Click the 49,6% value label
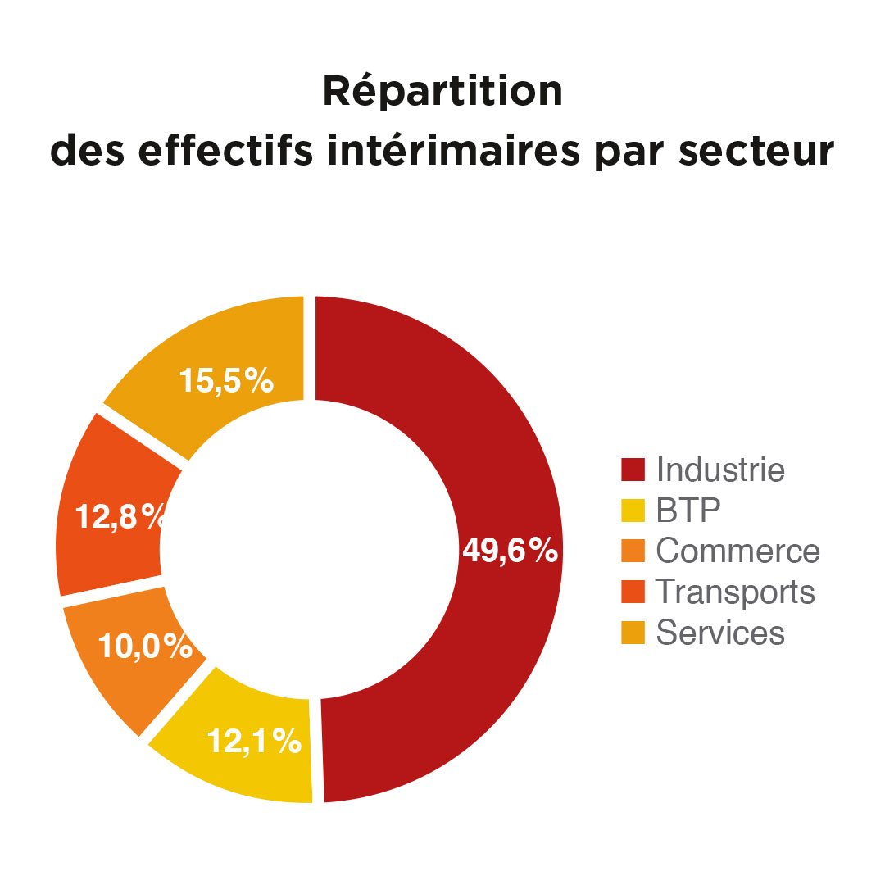pos(510,551)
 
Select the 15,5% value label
pos(226,381)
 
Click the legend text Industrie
pos(720,470)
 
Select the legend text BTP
pos(688,511)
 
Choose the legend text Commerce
pos(737,551)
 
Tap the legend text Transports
pos(735,592)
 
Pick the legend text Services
pos(720,632)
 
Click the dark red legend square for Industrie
pos(633,470)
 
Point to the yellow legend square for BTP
pos(633,511)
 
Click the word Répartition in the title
pos(442,92)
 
